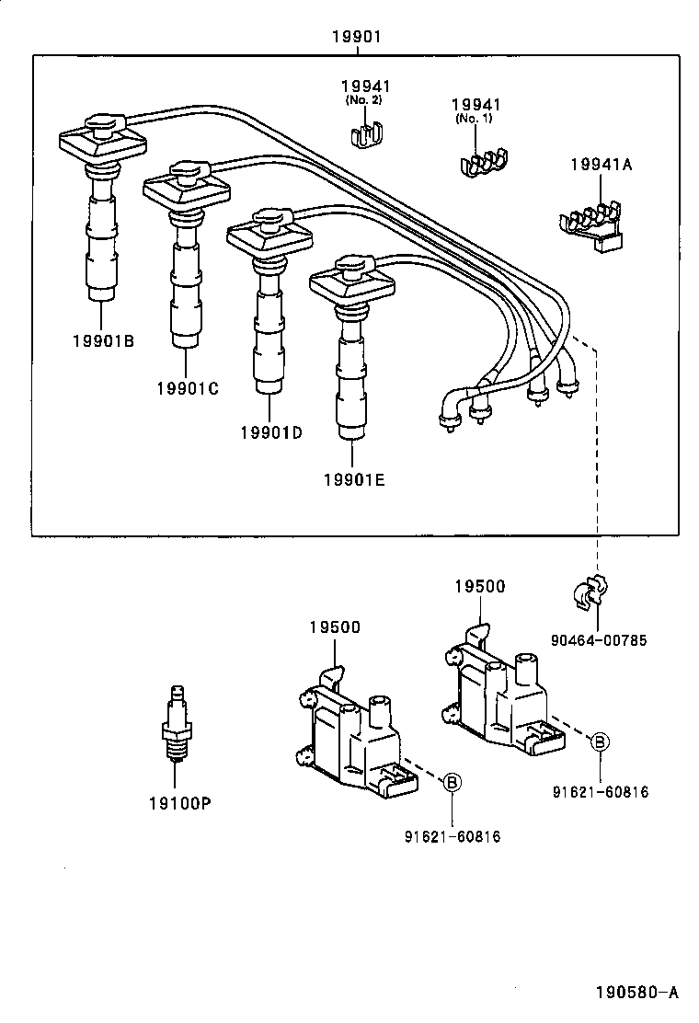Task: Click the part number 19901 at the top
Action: pyautogui.click(x=356, y=37)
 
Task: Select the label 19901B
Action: pyautogui.click(x=103, y=341)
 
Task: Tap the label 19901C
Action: pyautogui.click(x=187, y=388)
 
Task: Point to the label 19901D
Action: pyautogui.click(x=270, y=432)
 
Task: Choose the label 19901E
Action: pyautogui.click(x=353, y=479)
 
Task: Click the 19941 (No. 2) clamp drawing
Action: pyautogui.click(x=367, y=134)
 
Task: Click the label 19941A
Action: pyautogui.click(x=602, y=166)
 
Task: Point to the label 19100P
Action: pyautogui.click(x=180, y=803)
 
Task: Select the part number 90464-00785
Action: pyautogui.click(x=599, y=640)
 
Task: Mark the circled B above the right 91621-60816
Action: pyautogui.click(x=599, y=741)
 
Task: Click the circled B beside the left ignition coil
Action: pyautogui.click(x=452, y=783)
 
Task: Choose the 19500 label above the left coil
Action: pyautogui.click(x=334, y=627)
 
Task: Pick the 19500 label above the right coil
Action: pyautogui.click(x=479, y=586)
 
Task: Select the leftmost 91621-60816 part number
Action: pyautogui.click(x=452, y=836)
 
